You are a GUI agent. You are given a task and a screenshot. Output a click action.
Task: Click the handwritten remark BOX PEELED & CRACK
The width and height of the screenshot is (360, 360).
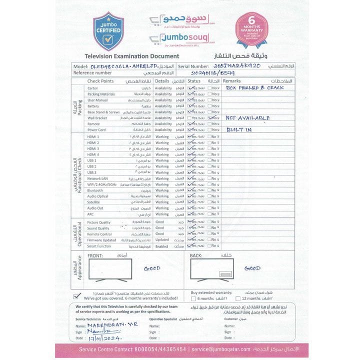point(254,87)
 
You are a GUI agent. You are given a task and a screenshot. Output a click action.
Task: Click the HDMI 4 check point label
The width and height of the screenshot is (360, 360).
point(93,154)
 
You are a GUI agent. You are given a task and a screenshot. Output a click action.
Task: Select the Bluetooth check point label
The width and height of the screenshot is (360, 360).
point(95,190)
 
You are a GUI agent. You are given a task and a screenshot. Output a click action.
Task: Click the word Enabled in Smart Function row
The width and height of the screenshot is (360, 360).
point(162,246)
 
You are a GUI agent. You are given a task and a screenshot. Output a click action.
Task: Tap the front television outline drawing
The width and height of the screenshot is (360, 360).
point(110,271)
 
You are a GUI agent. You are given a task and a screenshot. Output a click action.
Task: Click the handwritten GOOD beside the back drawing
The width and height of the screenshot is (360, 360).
point(252,268)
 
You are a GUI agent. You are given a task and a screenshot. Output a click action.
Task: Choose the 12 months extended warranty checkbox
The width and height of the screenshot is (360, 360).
point(237,298)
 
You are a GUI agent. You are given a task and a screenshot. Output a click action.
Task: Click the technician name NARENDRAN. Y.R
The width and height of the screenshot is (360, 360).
point(104,324)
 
